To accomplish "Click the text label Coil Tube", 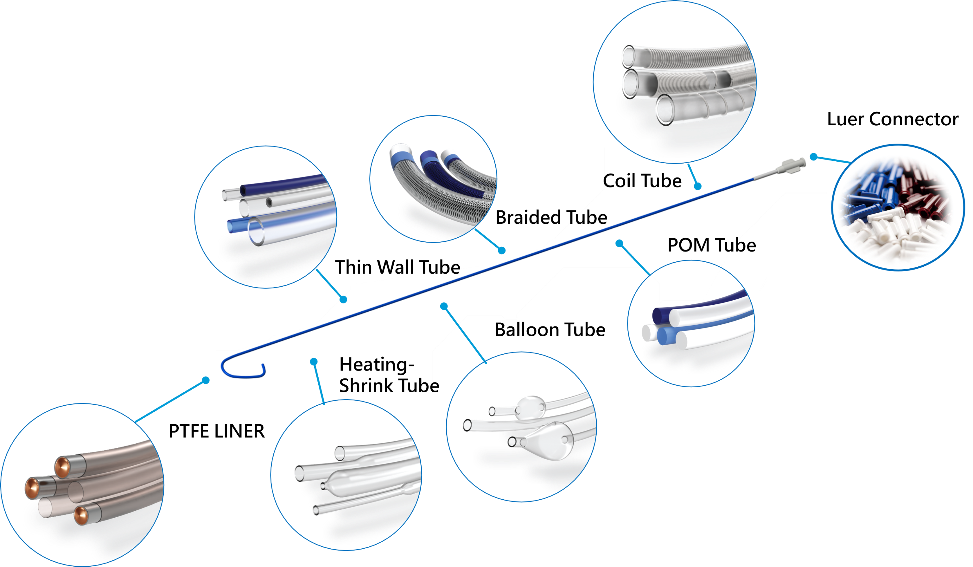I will [x=642, y=181].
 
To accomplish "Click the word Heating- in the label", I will [x=377, y=364].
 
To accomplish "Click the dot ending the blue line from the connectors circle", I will [x=814, y=157].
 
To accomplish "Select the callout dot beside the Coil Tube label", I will [x=697, y=186].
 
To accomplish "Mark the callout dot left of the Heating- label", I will [x=314, y=361].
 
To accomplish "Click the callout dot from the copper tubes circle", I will [x=206, y=380].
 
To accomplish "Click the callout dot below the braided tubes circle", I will [x=502, y=251].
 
